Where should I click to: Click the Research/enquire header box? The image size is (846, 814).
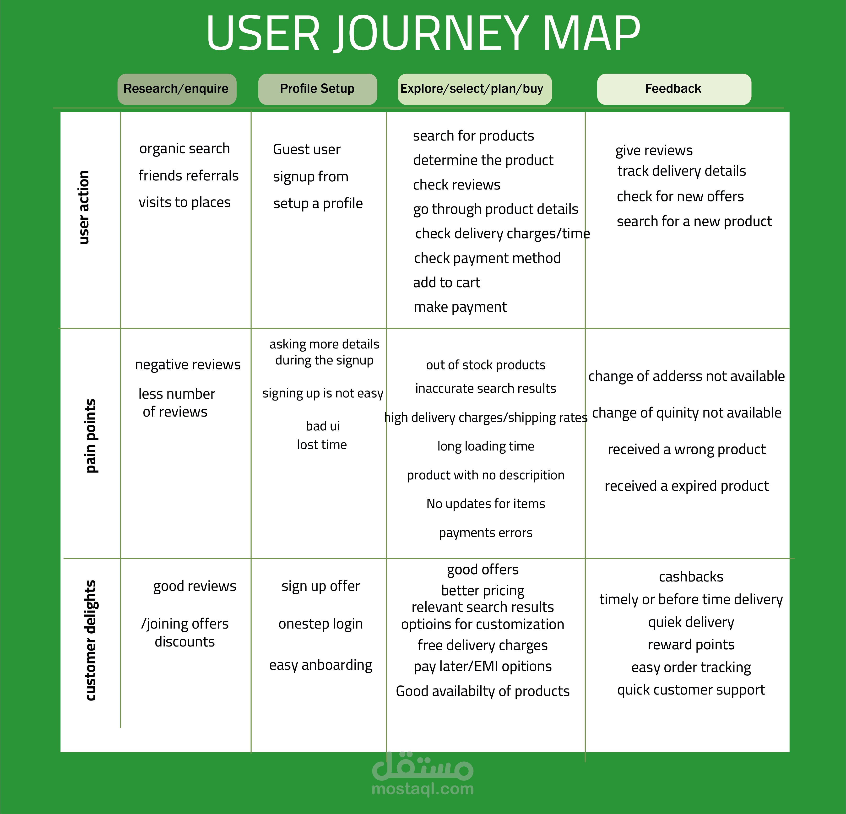177,89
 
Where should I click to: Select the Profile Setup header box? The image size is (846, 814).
317,89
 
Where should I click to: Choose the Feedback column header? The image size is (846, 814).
673,89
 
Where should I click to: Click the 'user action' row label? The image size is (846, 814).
84,207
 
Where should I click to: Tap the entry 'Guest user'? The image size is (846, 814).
306,149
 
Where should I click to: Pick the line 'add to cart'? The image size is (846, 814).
446,283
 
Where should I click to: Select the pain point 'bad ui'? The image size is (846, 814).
322,426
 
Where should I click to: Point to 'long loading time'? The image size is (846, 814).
486,446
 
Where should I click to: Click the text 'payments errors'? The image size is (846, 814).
486,533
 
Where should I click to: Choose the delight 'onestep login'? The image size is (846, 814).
320,624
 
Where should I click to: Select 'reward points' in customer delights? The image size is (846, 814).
691,645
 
